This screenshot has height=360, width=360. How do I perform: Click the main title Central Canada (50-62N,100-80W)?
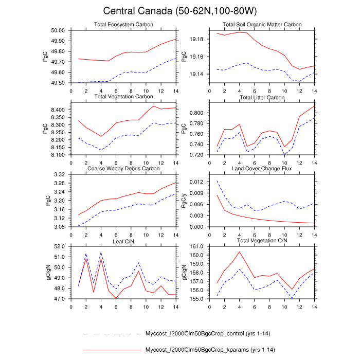pyautogui.click(x=180, y=11)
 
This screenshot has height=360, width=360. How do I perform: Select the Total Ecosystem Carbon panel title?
pyautogui.click(x=123, y=25)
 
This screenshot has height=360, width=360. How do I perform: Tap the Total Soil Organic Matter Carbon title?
pyautogui.click(x=262, y=25)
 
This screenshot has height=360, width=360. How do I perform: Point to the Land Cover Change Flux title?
pyautogui.click(x=262, y=168)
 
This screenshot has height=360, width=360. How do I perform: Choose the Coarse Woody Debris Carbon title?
pyautogui.click(x=123, y=168)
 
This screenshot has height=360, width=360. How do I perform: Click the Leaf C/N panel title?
pyautogui.click(x=123, y=240)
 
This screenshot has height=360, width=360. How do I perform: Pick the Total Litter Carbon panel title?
pyautogui.click(x=262, y=97)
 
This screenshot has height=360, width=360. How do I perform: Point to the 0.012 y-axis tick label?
pyautogui.click(x=197, y=182)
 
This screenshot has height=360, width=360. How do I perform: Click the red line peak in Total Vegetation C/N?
pyautogui.click(x=239, y=251)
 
